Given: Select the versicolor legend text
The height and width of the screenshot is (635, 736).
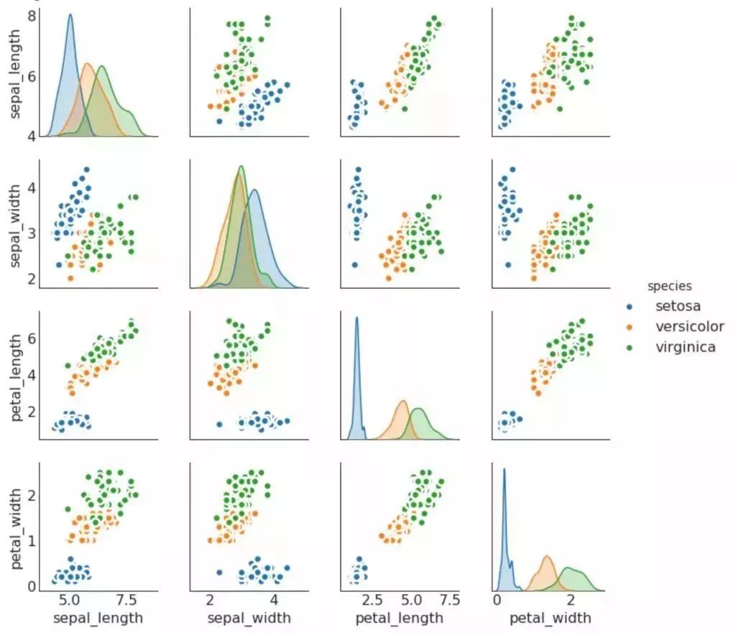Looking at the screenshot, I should pos(689,326).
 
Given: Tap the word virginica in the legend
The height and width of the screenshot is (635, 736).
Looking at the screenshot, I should pos(686,347).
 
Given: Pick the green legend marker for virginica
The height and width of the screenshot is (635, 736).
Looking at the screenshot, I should pos(630,348).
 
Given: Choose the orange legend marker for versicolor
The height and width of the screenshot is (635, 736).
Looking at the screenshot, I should pos(630,327).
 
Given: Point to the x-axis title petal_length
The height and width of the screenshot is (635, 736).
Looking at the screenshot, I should pos(400,618).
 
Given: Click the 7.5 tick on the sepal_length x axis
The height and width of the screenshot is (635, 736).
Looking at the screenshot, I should pos(127,599).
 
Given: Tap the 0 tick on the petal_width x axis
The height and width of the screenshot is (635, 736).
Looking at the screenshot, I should pos(497,599).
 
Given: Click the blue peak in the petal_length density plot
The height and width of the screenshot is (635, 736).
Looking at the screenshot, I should pos(356,317).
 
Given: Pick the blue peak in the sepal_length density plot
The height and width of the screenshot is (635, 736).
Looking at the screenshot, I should pos(70,15).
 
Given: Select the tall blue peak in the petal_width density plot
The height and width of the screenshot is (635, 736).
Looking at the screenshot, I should pos(504,469).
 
